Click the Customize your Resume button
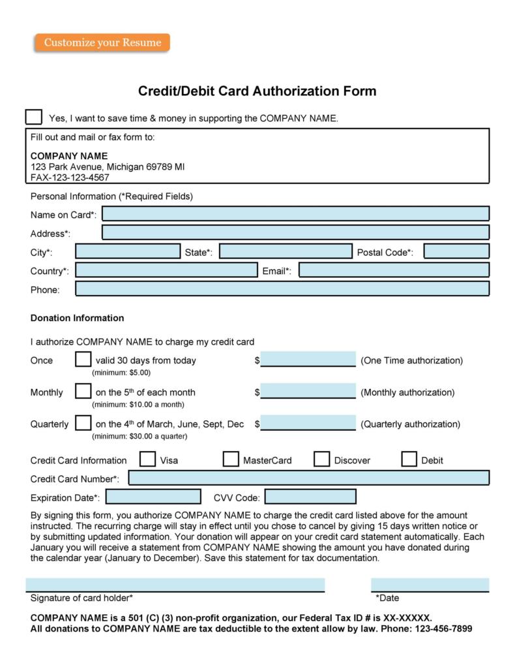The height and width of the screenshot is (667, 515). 102,43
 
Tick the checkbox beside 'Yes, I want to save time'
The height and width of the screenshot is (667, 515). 33,117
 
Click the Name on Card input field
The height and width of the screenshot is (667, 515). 295,213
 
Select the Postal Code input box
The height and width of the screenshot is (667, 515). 456,251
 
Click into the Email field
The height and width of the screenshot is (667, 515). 394,270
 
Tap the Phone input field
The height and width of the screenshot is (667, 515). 282,289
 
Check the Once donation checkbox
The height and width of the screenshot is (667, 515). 83,360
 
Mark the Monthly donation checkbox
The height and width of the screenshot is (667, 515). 83,392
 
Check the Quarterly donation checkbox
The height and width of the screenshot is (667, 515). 83,423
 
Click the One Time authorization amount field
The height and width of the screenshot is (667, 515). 308,359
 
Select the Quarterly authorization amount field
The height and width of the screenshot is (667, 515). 308,423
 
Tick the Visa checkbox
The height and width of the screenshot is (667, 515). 148,459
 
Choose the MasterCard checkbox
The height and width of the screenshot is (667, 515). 231,459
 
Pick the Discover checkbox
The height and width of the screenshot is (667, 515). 321,459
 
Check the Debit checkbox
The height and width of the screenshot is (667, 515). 409,459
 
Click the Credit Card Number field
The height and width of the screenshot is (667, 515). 308,478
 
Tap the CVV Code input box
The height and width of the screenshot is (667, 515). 310,497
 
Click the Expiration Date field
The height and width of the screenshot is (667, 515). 153,497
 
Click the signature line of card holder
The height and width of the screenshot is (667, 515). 175,585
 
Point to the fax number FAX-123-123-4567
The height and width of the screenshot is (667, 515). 70,177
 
